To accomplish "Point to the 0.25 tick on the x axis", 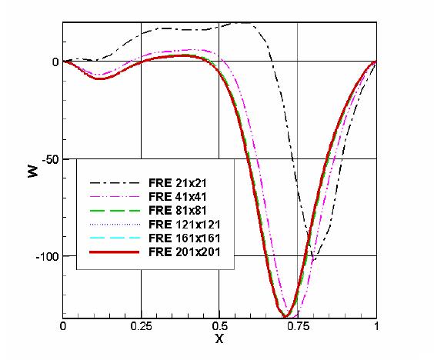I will pyautogui.click(x=141, y=326).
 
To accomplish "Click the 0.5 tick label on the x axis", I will pyautogui.click(x=220, y=326).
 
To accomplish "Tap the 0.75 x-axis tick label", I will pyautogui.click(x=298, y=326).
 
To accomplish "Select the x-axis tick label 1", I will pyautogui.click(x=376, y=326).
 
